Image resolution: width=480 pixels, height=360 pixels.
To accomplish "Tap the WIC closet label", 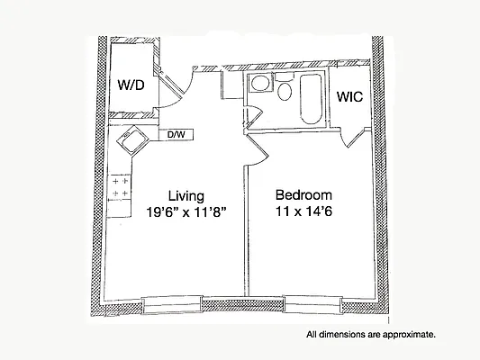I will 349,96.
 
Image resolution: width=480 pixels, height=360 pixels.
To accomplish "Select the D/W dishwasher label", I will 176,135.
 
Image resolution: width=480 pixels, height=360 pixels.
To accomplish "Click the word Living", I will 186,195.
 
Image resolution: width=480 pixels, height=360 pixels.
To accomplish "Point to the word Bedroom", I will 303,195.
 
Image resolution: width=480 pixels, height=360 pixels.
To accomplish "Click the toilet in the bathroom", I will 285,90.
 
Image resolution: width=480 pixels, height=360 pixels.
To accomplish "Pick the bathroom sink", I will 259,85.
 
